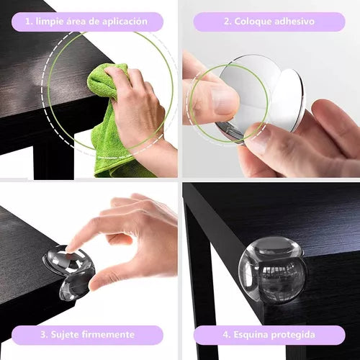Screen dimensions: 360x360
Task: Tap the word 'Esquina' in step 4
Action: [251, 335]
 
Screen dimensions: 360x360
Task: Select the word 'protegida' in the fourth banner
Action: [293, 335]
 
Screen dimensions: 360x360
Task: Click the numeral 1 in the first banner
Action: [28, 22]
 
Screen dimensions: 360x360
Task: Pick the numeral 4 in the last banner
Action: [226, 334]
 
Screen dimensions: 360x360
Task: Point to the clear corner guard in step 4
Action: [272, 271]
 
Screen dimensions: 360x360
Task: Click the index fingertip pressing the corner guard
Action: [70, 249]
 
